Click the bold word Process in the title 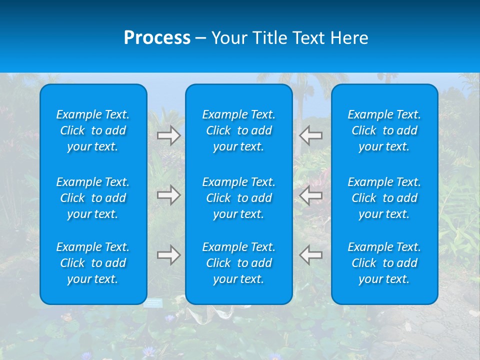pos(157,38)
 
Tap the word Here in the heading pos(349,38)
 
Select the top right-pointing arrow pos(168,135)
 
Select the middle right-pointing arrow pos(168,195)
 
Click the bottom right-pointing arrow pos(168,255)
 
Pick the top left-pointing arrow pos(311,135)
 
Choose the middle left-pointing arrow pos(311,195)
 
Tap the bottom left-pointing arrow pos(311,255)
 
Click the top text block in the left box pos(93,130)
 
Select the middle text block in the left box pos(93,198)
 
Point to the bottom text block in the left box pos(93,263)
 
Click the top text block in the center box pos(238,130)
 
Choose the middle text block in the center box pos(238,198)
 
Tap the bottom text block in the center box pos(238,263)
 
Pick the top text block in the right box pos(384,130)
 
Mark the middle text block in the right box pos(384,198)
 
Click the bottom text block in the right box pos(384,263)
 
